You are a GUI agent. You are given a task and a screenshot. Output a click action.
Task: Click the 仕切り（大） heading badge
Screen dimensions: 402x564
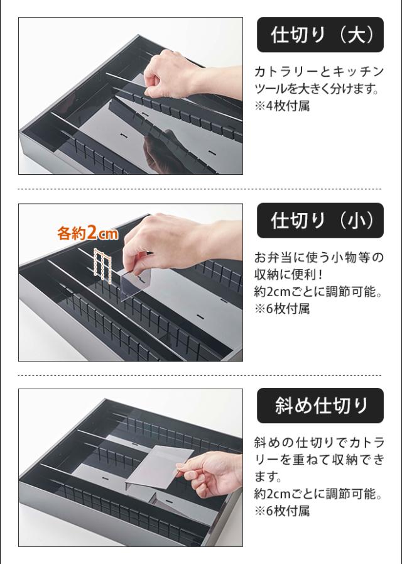click(x=320, y=35)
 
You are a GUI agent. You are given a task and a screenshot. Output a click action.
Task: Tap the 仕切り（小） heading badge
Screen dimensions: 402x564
click(x=320, y=220)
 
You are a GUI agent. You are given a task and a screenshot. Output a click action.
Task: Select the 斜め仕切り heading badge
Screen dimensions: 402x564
click(x=320, y=406)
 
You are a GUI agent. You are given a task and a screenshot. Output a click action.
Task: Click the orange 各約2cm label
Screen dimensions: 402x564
click(x=88, y=233)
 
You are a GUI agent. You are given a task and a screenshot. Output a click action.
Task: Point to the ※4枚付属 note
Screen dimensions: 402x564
click(x=282, y=106)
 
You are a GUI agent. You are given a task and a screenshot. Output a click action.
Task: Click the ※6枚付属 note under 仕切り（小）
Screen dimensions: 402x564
click(x=282, y=309)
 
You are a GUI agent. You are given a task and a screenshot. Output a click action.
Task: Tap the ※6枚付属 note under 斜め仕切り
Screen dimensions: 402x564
click(x=282, y=511)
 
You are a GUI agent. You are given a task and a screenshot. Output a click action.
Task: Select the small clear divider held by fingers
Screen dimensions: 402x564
click(x=136, y=283)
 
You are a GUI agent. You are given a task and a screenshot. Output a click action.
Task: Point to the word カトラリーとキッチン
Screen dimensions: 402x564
click(x=319, y=72)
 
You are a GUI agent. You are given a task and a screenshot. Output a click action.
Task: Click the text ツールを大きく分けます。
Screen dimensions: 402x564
click(x=317, y=89)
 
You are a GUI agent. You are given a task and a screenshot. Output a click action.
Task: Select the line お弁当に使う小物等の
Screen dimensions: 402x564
click(x=319, y=258)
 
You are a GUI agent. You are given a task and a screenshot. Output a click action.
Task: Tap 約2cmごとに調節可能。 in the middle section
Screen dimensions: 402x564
click(x=318, y=292)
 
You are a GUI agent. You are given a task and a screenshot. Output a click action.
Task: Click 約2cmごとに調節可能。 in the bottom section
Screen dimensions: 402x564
click(x=318, y=494)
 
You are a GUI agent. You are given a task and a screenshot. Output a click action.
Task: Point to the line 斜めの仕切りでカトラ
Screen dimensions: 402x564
click(x=319, y=443)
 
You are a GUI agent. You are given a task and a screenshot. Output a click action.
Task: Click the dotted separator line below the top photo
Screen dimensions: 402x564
click(x=200, y=189)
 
